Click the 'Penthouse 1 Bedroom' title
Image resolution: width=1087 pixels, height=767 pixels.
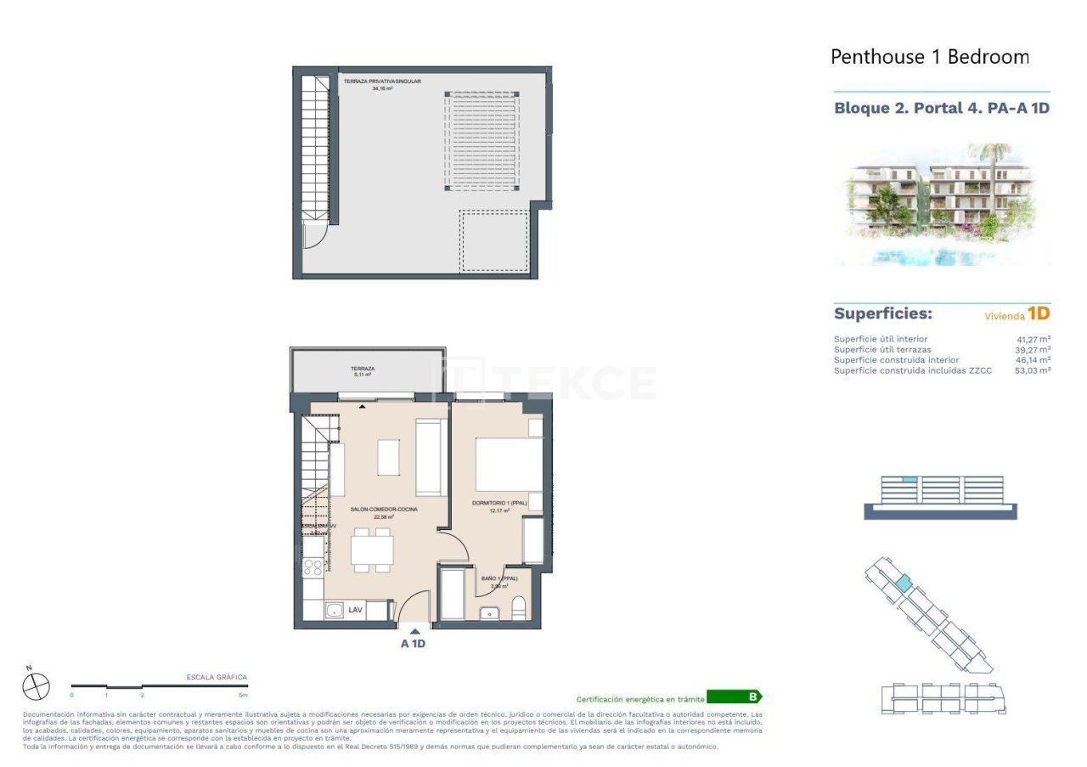coord(929,57)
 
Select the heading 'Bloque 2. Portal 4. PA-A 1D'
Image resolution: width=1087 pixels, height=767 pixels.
coord(942,108)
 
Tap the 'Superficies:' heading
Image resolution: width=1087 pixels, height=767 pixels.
coord(882,313)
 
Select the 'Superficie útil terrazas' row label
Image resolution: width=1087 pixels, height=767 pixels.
coord(882,349)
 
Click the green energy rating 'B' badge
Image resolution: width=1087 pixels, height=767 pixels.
coord(734,697)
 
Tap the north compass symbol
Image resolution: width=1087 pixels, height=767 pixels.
coord(37,685)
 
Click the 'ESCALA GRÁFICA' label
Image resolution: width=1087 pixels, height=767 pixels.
coord(217,677)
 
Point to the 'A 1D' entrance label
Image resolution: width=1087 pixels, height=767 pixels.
coord(414,643)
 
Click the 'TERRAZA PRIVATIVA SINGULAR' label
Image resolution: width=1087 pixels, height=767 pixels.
coord(382,82)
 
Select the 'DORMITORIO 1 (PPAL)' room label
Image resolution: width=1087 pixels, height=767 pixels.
coord(499,504)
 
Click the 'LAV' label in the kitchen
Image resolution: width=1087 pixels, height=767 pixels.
coord(355,609)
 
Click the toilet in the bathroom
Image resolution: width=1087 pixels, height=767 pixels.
coord(518,608)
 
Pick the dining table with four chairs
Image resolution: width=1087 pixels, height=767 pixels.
coord(372,550)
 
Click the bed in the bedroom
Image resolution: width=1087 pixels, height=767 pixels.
coord(507,464)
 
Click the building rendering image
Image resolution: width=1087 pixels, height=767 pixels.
coord(942,204)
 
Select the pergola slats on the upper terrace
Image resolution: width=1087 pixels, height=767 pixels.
coord(482,139)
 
